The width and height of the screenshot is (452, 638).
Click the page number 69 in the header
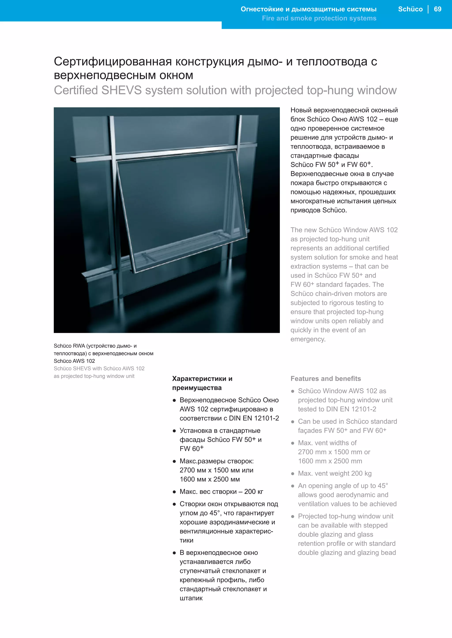(437, 9)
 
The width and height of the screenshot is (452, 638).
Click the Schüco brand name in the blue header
(410, 9)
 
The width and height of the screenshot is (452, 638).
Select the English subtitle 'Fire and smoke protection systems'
(319, 18)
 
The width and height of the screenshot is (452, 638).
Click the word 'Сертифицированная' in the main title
(113, 61)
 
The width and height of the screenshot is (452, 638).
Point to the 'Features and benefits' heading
(326, 378)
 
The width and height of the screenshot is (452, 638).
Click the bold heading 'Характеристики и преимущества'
(202, 383)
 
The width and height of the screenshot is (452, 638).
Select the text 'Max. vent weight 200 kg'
(335, 473)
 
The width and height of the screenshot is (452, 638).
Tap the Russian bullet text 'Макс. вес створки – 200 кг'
(221, 491)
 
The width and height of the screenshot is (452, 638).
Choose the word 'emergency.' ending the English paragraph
(308, 339)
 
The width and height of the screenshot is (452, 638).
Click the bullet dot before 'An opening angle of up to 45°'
(292, 486)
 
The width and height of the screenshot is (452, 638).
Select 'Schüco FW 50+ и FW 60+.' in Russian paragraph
(331, 165)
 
